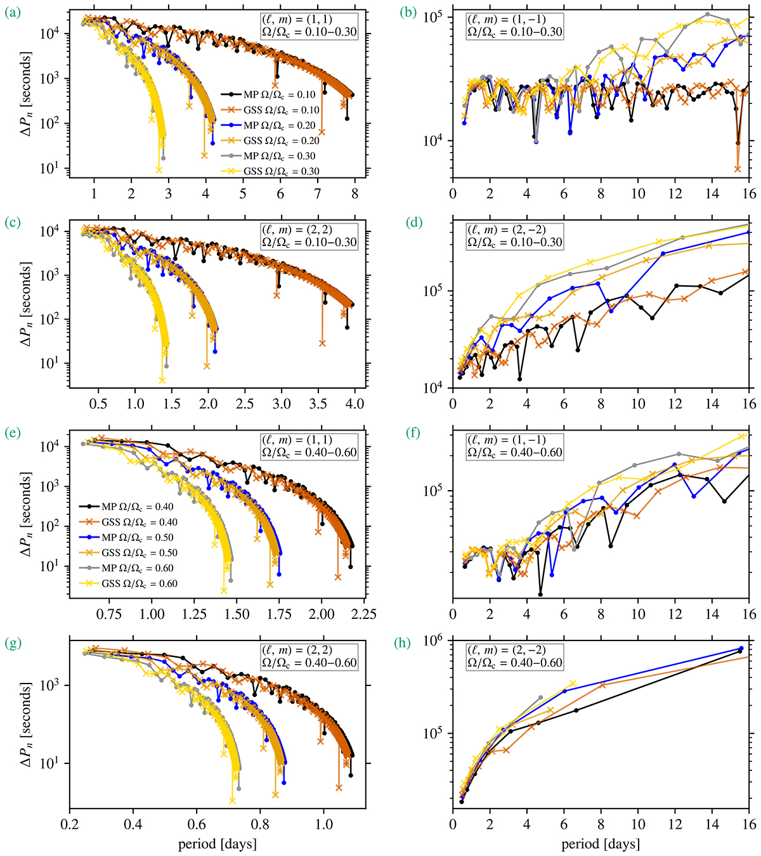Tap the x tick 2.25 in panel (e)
pyautogui.click(x=364, y=614)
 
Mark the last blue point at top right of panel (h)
pyautogui.click(x=741, y=648)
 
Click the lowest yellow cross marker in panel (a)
pyautogui.click(x=159, y=170)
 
